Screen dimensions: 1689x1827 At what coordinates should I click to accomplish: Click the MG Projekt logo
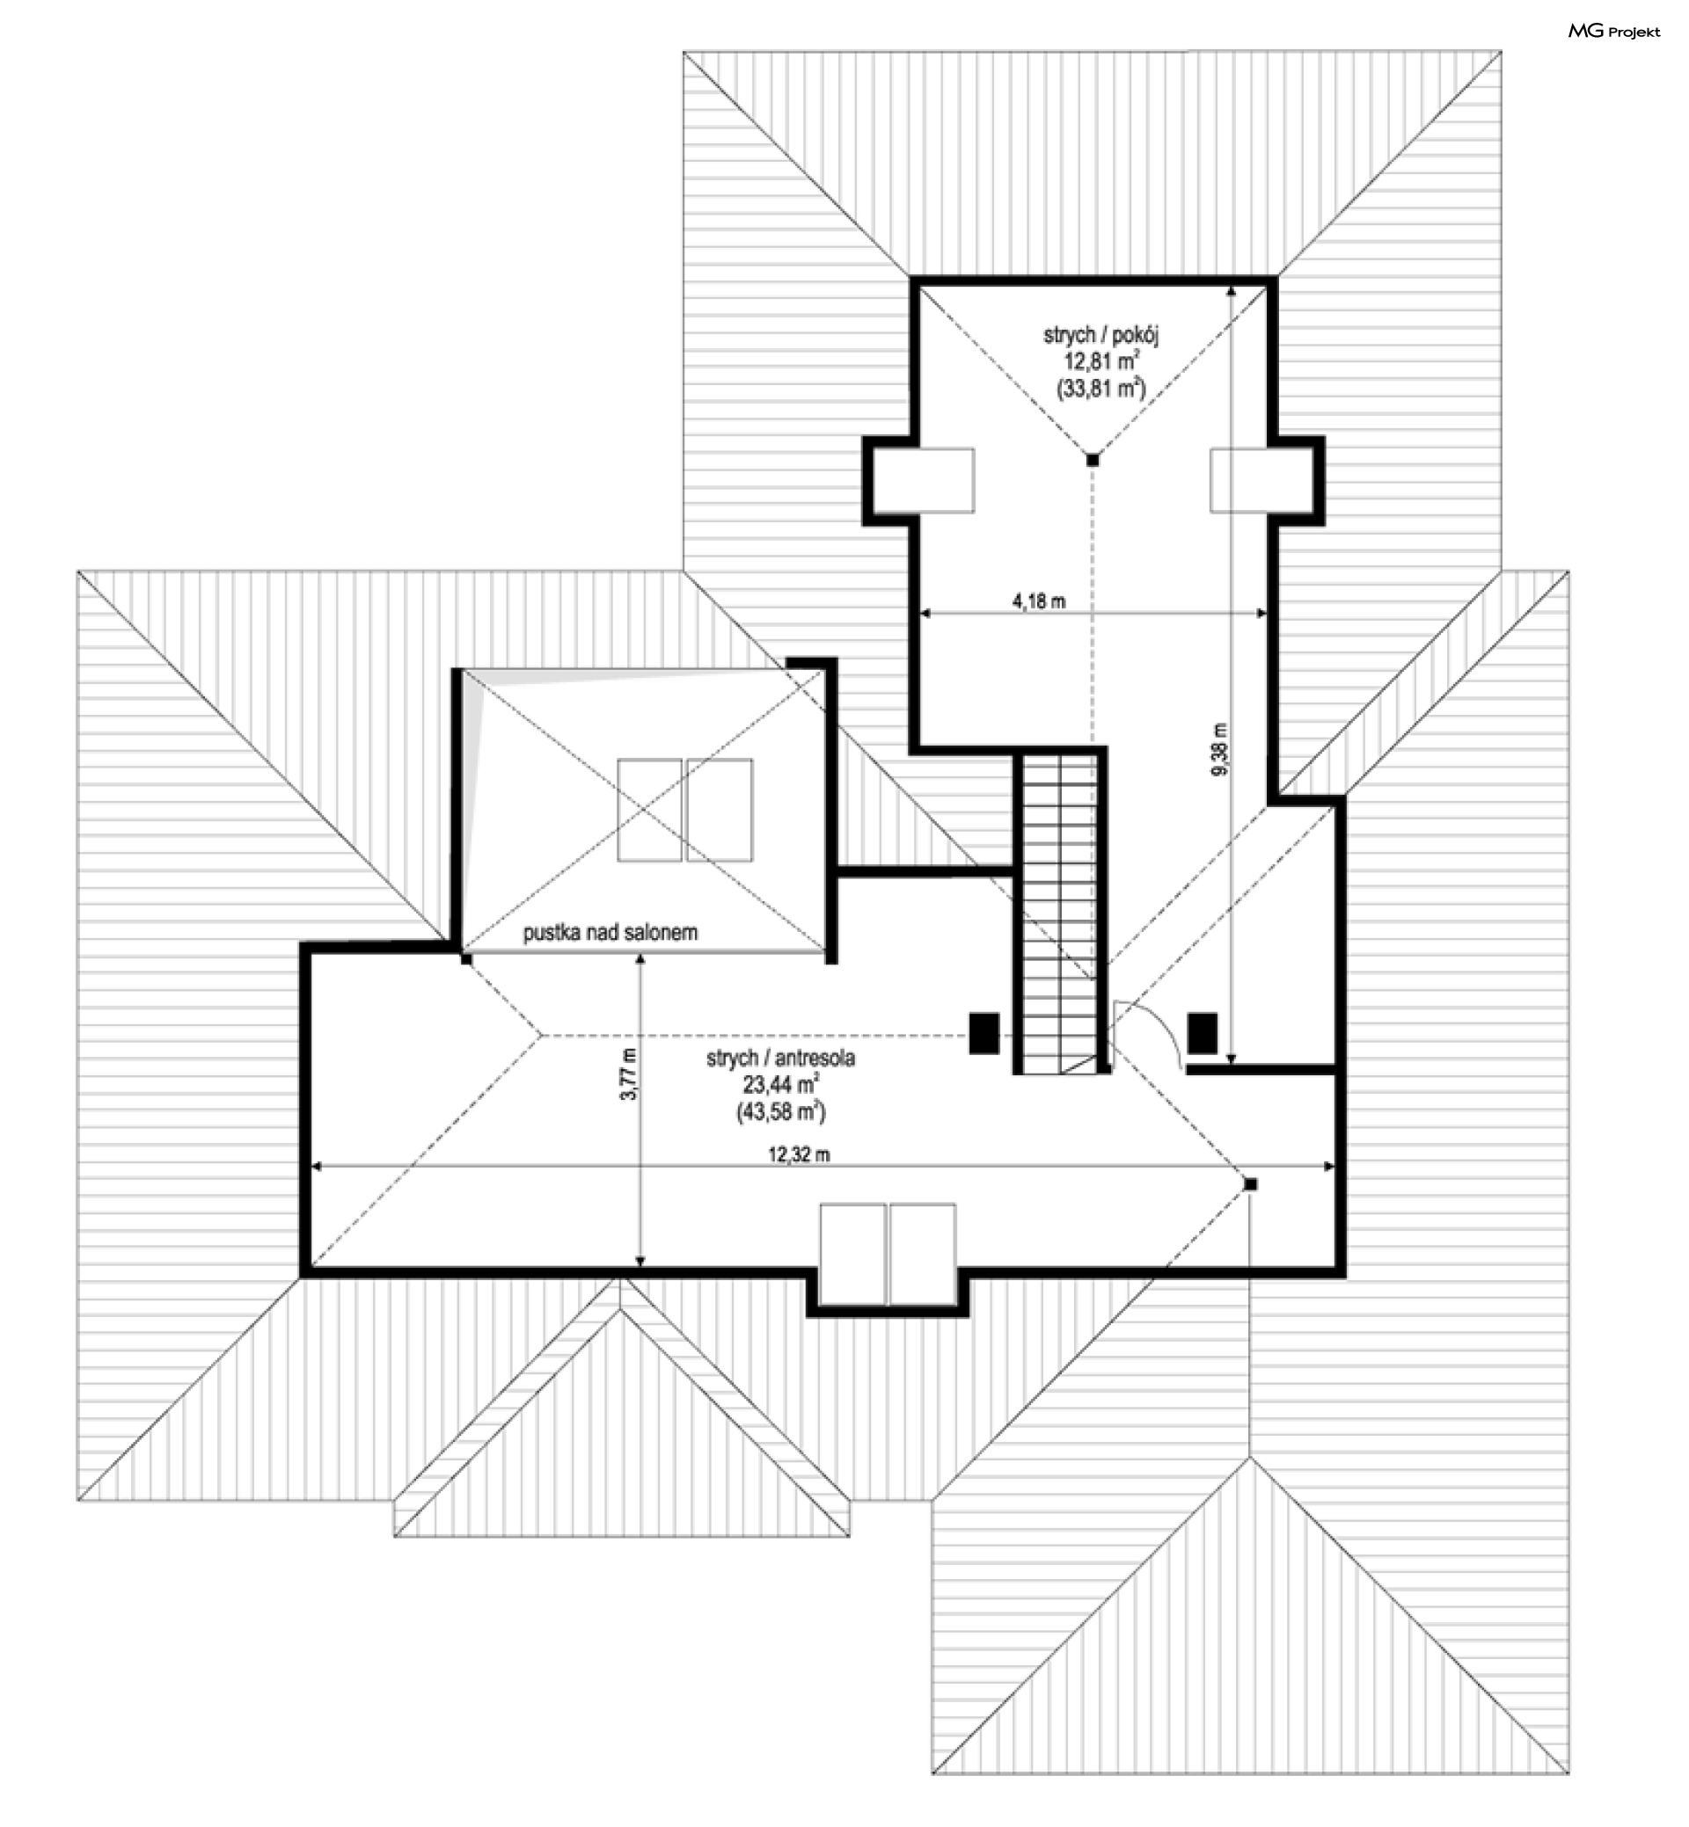pyautogui.click(x=1614, y=31)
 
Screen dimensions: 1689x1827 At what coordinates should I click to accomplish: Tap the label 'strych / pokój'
pyautogui.click(x=1100, y=334)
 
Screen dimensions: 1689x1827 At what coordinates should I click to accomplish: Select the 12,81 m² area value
pyautogui.click(x=1100, y=360)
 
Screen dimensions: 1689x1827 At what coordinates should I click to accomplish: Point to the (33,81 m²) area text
pyautogui.click(x=1100, y=389)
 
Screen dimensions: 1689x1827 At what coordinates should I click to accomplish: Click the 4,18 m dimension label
pyautogui.click(x=1038, y=601)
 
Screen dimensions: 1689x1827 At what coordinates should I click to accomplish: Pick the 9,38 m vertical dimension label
pyautogui.click(x=1219, y=749)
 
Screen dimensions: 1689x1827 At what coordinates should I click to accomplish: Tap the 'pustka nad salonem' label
pyautogui.click(x=610, y=933)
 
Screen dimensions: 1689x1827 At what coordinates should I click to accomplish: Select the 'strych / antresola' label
pyautogui.click(x=780, y=1058)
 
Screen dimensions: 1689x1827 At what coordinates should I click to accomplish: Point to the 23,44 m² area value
pyautogui.click(x=780, y=1084)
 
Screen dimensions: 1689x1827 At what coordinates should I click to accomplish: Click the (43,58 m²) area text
pyautogui.click(x=780, y=1111)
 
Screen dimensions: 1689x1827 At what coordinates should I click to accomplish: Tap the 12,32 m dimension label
pyautogui.click(x=799, y=1154)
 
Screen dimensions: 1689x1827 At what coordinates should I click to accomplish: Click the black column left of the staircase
pyautogui.click(x=984, y=1033)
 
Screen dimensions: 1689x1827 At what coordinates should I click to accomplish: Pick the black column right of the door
pyautogui.click(x=1203, y=1033)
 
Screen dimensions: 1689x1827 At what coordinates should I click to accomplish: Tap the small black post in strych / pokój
pyautogui.click(x=1093, y=461)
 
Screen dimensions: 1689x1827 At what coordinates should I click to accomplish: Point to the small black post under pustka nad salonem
pyautogui.click(x=466, y=960)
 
